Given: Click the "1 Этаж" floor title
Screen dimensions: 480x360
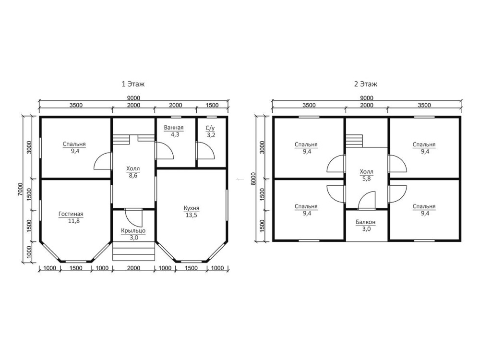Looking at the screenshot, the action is [133, 84].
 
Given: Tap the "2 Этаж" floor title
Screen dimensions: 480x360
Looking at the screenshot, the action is [366, 84].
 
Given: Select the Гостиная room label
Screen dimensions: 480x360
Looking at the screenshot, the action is [71, 214].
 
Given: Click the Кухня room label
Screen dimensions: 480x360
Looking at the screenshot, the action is [192, 208].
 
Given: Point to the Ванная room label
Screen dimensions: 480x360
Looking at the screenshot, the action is [174, 128].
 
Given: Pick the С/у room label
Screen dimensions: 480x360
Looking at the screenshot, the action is [210, 128].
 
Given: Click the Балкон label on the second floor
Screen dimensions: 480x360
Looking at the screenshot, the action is [365, 222].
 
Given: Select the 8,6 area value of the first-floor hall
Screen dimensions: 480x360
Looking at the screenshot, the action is [133, 176].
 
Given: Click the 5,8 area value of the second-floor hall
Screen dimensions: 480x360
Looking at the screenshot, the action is [366, 179].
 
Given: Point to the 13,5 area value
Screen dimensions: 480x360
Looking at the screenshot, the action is [192, 215].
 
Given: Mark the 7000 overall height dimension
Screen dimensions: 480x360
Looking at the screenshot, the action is [20, 189].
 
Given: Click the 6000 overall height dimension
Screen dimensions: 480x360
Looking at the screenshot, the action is [253, 179].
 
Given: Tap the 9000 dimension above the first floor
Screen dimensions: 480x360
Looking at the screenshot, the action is [134, 98].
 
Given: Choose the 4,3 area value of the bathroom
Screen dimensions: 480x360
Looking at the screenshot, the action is [175, 134].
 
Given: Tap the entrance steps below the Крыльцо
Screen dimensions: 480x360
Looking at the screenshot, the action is [133, 251].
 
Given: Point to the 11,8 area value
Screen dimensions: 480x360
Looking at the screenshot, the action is [74, 221].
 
